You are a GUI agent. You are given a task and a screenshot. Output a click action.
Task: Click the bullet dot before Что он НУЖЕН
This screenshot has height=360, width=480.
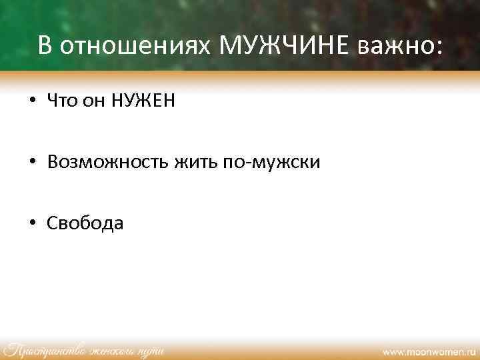[x=32, y=102]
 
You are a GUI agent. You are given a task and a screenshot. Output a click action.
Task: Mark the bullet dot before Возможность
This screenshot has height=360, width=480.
[x=32, y=163]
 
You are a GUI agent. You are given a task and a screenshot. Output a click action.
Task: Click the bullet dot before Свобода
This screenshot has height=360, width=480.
[x=32, y=223]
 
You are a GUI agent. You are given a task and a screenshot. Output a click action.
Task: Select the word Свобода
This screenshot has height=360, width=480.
[x=85, y=223]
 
